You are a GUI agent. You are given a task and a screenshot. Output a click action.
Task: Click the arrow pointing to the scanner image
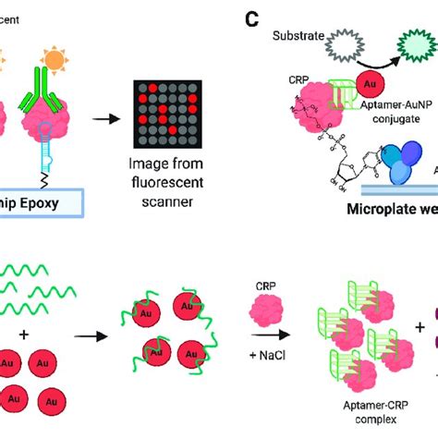tap(110, 119)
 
